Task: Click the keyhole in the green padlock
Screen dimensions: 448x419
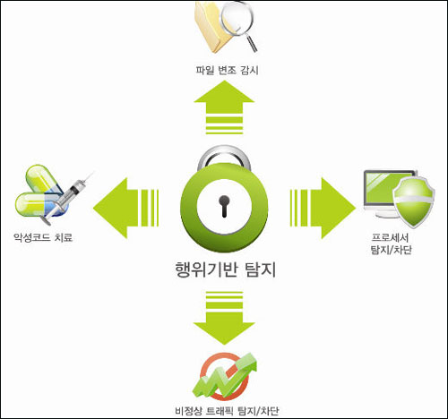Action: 224,206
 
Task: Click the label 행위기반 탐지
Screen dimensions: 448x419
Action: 225,269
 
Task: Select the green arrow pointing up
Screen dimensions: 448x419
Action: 224,108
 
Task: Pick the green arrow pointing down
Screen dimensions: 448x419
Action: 224,318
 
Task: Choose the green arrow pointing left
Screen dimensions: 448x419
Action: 125,208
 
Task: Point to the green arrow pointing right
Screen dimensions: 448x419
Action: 323,208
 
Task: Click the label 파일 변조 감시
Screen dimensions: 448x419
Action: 227,71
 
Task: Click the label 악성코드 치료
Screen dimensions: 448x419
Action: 43,237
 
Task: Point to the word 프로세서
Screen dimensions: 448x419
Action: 390,237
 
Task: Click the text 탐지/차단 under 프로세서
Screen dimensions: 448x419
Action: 392,250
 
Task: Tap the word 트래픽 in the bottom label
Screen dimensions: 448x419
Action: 220,411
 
